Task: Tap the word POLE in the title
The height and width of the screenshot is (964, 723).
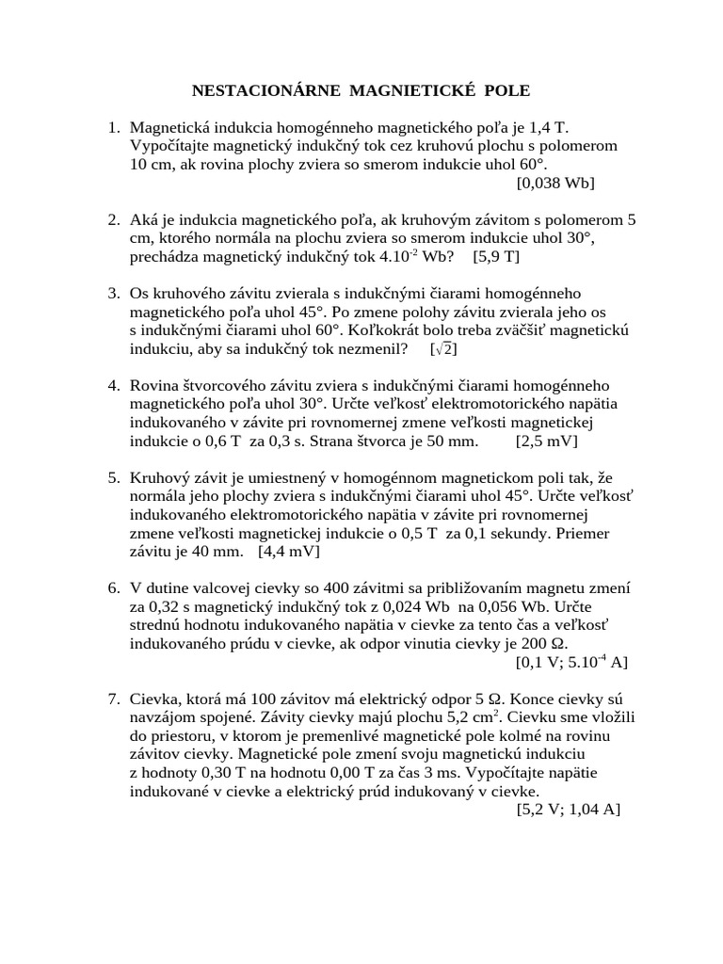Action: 507,91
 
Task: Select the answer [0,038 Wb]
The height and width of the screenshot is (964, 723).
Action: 555,183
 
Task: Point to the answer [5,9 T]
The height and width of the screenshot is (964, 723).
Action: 496,256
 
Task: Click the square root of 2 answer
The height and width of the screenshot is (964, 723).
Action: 443,348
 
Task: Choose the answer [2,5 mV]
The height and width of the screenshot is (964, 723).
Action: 547,441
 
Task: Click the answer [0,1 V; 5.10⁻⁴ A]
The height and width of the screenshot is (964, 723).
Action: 571,662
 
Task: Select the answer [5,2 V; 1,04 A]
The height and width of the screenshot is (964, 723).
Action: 568,810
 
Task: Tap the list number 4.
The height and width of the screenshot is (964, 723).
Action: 113,386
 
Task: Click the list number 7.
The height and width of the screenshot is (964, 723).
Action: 113,699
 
